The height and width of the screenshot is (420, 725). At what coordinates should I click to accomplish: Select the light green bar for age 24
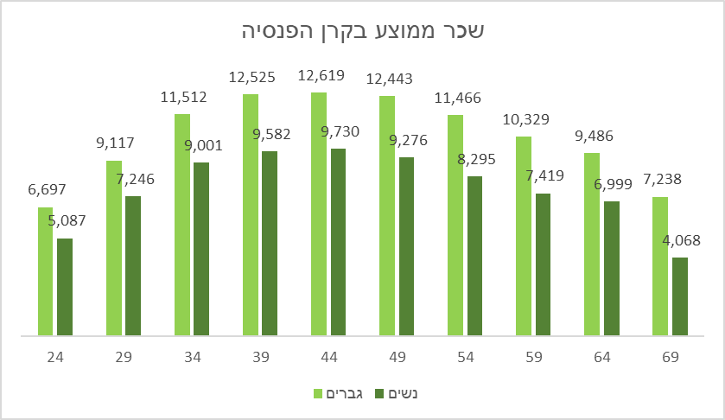tap(46, 270)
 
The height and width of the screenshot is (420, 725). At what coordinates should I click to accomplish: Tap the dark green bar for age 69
tap(680, 296)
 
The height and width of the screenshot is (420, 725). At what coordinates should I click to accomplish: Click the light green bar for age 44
tap(319, 213)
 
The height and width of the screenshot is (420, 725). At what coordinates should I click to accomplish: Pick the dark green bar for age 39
tap(270, 243)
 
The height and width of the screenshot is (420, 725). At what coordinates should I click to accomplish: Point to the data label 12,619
tap(321, 75)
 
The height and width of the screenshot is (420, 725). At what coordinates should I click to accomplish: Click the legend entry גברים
tap(345, 393)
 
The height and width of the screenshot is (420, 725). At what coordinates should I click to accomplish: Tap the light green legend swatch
tap(317, 394)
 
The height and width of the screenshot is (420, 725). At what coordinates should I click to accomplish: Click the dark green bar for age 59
tap(543, 264)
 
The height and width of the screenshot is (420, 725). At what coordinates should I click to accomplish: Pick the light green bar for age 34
tap(182, 224)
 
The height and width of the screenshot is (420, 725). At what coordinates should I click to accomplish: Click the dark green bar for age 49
tap(406, 245)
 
